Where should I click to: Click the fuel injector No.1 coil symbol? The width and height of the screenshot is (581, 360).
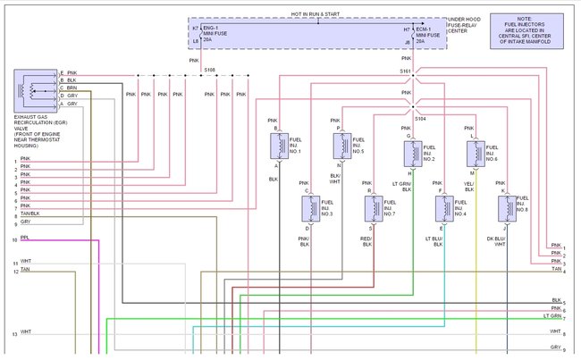coord(283,145)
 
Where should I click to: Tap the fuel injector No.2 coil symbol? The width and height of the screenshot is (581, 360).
coord(415,152)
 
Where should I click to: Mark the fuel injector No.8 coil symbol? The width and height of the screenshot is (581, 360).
coord(509,208)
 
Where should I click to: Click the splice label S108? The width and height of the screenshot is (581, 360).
coord(209,68)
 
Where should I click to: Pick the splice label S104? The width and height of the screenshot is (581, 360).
coord(419,116)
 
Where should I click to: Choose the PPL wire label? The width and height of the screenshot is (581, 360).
coord(24,239)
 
